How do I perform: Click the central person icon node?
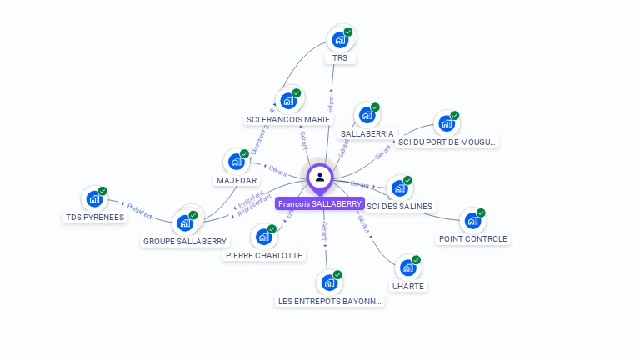(320, 177)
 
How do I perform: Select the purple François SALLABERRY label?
(320, 203)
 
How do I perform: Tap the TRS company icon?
(339, 39)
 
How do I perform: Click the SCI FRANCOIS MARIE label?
(288, 119)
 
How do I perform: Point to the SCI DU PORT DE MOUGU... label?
(447, 142)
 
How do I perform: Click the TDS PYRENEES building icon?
(93, 199)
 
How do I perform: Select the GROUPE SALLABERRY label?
(185, 241)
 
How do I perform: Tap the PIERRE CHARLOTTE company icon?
(263, 237)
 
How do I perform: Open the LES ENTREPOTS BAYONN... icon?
(329, 282)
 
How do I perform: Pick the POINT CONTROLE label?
(473, 238)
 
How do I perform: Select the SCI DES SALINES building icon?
(399, 188)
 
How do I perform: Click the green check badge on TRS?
(348, 32)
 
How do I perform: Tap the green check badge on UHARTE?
(416, 260)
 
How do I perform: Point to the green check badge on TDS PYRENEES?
(102, 192)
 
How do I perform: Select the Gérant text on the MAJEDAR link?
(277, 169)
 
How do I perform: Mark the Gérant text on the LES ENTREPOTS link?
(324, 231)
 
